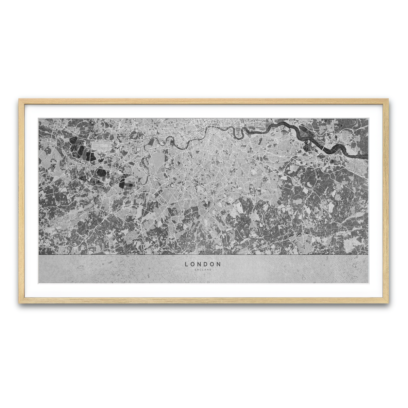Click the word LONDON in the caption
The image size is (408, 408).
click(203, 264)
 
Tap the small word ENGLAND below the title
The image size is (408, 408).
click(203, 270)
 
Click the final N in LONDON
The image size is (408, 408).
click(219, 264)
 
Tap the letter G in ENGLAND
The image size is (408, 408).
click(200, 270)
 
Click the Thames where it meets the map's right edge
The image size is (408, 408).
click(367, 157)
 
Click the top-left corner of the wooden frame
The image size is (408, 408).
click(20, 100)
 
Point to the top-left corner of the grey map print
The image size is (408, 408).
click(39, 119)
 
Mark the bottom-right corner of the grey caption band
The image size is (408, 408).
click(368, 283)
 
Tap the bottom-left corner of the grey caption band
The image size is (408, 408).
click(39, 283)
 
